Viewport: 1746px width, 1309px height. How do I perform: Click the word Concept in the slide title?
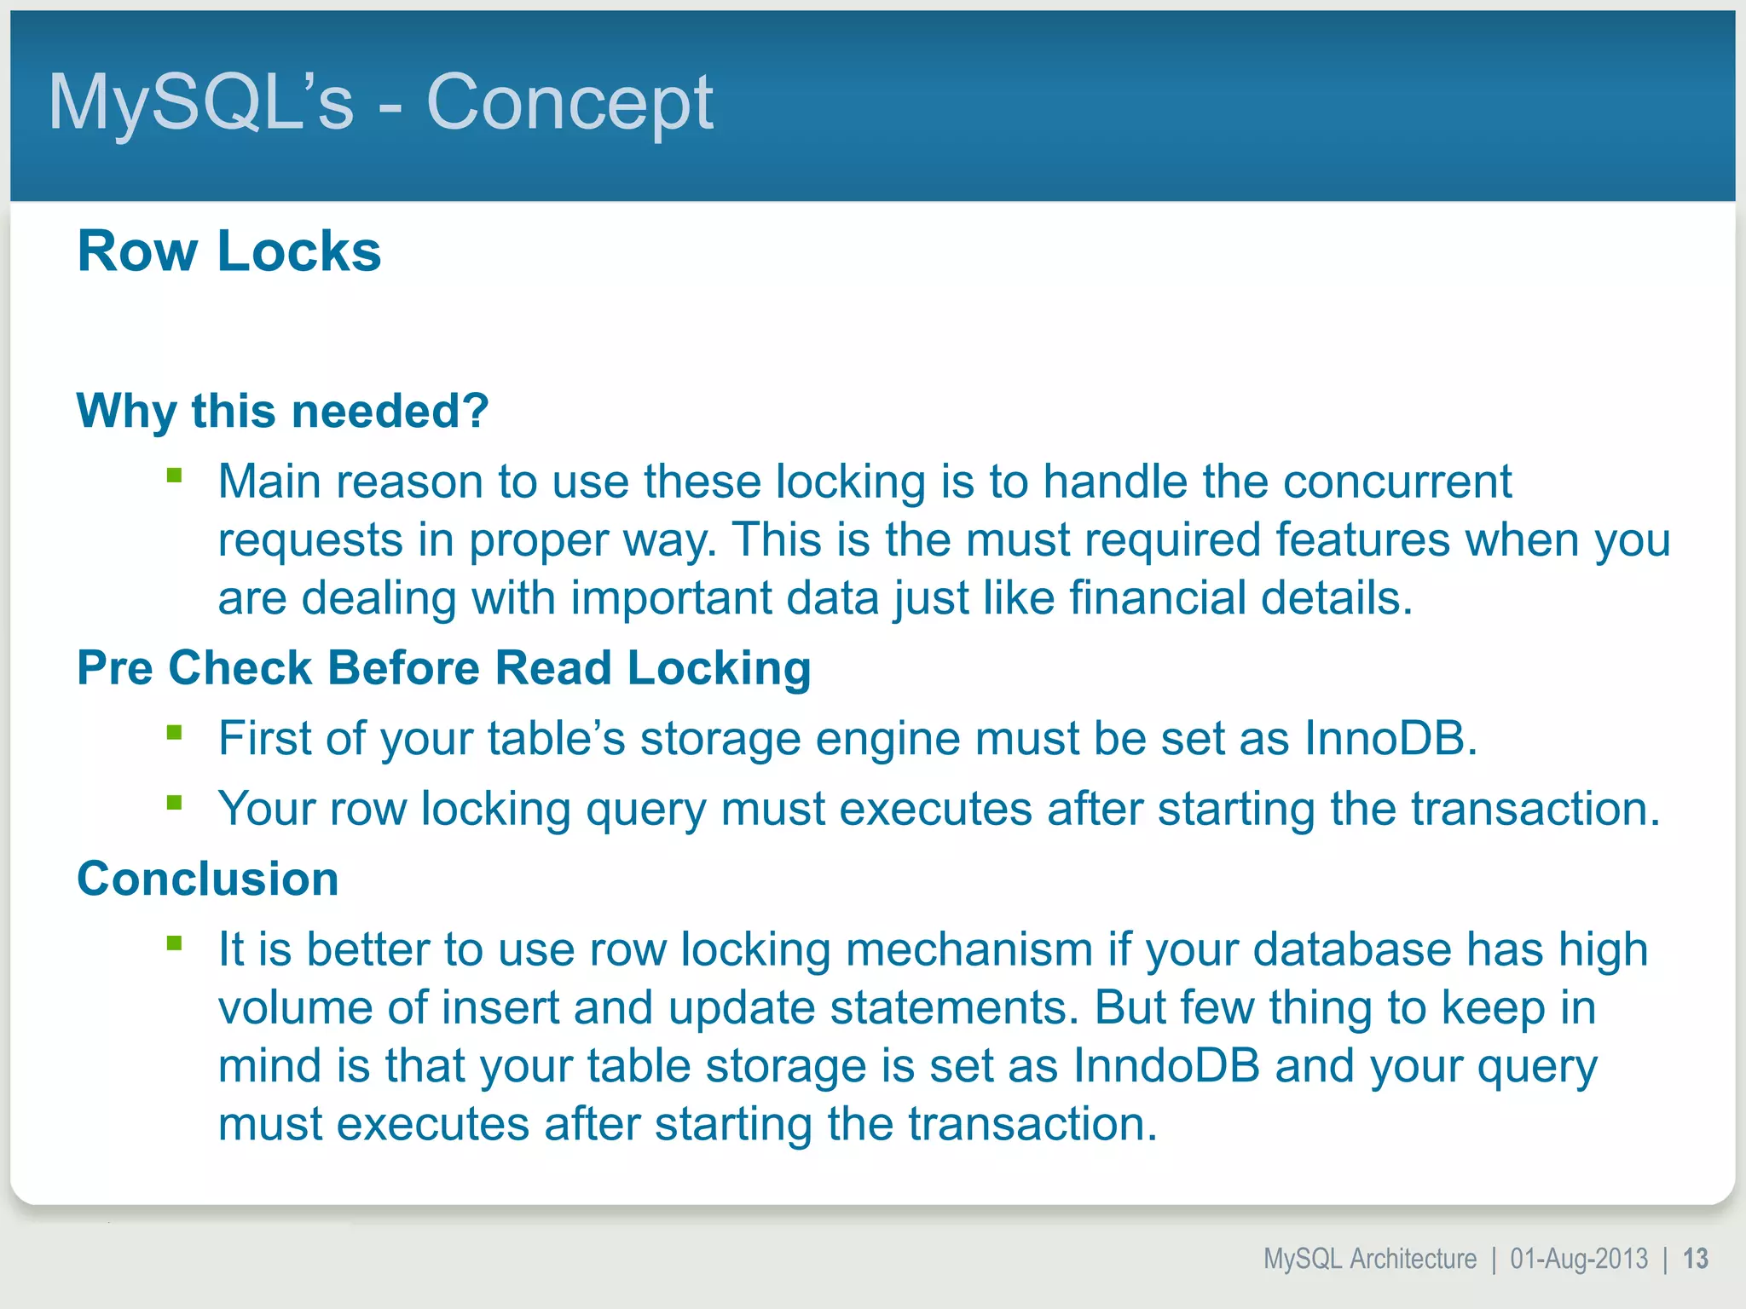[569, 102]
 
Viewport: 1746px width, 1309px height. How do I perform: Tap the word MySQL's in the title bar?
[200, 102]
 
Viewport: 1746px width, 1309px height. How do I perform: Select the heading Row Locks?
[229, 251]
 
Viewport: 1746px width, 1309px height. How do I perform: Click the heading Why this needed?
[282, 411]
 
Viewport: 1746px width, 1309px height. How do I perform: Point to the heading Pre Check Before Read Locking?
[443, 667]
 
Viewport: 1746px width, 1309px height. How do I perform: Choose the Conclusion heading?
[208, 879]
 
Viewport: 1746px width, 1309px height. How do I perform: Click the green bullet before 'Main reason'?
[175, 475]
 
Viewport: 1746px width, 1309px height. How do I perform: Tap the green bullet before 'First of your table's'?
[175, 732]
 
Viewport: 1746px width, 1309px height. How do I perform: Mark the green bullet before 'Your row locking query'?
[175, 802]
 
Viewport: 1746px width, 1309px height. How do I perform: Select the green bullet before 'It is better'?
[175, 943]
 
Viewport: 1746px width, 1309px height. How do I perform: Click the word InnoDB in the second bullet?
[1390, 738]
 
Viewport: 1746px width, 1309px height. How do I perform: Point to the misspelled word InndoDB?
[1165, 1065]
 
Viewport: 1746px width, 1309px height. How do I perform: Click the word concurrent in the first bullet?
[1397, 482]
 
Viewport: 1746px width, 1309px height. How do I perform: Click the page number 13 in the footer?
[1696, 1259]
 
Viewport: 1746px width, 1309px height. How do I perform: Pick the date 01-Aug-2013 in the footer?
[1579, 1259]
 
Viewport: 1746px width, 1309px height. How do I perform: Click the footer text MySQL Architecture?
[1369, 1259]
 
